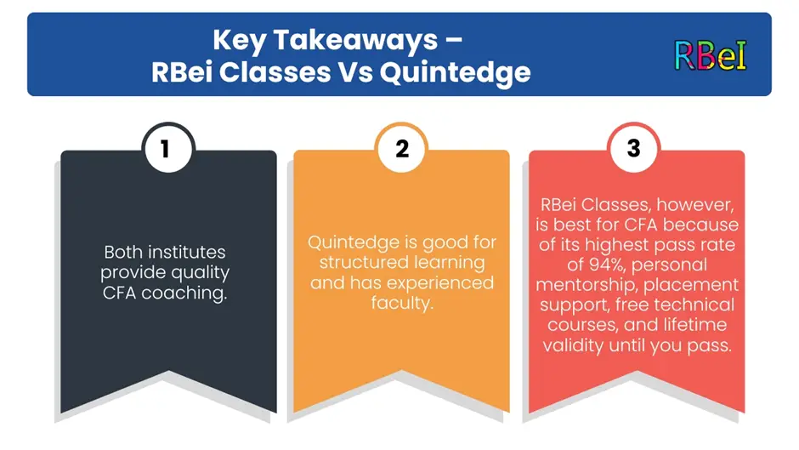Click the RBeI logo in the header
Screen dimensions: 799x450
711,55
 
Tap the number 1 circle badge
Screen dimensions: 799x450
168,149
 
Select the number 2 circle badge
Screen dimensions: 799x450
401,149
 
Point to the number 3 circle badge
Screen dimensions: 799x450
634,149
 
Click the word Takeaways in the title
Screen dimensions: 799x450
355,40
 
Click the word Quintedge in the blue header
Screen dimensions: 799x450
455,73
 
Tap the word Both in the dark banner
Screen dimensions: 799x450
121,252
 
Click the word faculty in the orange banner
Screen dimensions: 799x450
402,303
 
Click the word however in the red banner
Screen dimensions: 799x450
695,205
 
